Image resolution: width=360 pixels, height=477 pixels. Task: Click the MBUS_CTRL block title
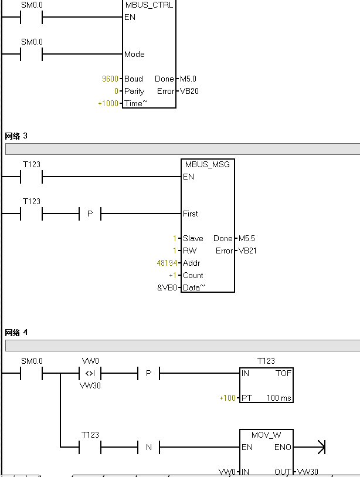pos(150,5)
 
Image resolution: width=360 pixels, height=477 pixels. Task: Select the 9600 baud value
pos(110,79)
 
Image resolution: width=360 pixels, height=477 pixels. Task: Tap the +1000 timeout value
pos(108,103)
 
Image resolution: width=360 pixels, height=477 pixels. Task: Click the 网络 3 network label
pos(16,136)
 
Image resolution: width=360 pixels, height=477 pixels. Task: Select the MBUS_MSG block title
pos(208,164)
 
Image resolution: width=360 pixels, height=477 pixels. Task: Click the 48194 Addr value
pos(168,263)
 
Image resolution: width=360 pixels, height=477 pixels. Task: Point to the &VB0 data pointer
pos(167,287)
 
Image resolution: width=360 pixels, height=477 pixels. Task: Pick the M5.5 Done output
pos(247,238)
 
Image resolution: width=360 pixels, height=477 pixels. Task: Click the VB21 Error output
pos(248,251)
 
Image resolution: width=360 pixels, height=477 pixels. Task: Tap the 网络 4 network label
pos(16,333)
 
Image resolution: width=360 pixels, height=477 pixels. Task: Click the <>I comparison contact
pos(90,373)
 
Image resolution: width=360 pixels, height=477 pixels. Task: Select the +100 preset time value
pos(227,398)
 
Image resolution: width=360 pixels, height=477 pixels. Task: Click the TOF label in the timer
pos(283,373)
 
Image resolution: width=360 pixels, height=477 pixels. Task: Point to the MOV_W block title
pos(266,435)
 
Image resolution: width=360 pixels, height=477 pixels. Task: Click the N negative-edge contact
pos(148,448)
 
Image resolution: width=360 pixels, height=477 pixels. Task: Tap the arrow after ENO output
pos(320,448)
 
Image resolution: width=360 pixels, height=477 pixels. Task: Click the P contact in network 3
pos(90,214)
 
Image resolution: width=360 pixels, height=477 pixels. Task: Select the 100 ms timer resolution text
pos(279,398)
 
